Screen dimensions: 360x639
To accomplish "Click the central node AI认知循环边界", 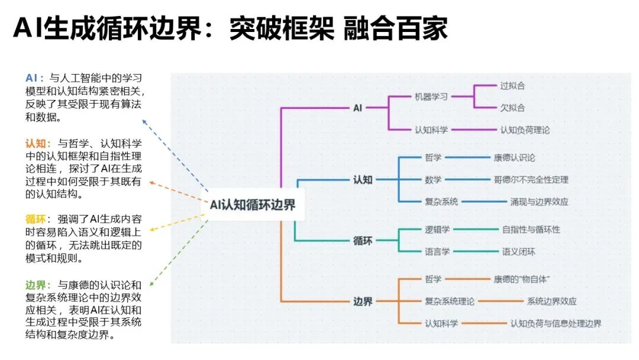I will point(253,205).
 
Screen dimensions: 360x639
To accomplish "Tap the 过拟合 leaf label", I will point(512,85).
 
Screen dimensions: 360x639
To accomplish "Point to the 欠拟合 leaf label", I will point(512,108).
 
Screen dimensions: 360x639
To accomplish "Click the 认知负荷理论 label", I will point(525,130).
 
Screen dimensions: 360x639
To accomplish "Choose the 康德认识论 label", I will point(514,157).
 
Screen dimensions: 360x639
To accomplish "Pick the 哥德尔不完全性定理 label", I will point(531,179).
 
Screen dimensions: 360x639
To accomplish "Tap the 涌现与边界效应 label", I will point(539,201).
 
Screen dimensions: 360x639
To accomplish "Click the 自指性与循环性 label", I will point(531,229).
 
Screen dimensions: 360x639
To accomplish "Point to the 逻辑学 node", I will point(437,229).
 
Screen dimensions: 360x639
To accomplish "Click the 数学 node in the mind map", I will point(433,179).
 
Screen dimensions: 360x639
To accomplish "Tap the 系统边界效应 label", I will point(551,301).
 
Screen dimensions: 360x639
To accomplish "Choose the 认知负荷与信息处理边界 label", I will point(556,323).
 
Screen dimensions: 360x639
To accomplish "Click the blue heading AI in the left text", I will point(33,78).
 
